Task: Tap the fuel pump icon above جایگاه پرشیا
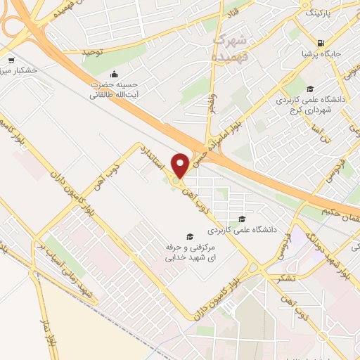coord(321,39)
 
